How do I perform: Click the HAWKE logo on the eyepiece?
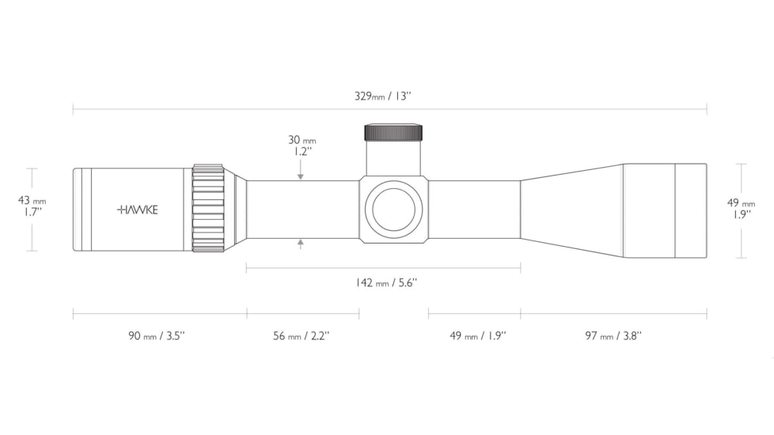pos(138,210)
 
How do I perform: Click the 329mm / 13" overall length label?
pos(382,96)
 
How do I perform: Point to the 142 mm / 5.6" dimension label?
pos(386,282)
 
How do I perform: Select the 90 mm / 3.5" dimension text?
pos(157,336)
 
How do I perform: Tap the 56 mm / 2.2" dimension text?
pos(301,336)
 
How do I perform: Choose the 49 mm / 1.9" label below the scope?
pos(478,336)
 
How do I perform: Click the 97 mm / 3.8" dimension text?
pos(613,336)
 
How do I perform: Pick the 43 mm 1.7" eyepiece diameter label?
pos(32,206)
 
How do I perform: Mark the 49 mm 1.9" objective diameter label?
pos(742,208)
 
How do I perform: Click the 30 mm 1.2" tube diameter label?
pos(302,146)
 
